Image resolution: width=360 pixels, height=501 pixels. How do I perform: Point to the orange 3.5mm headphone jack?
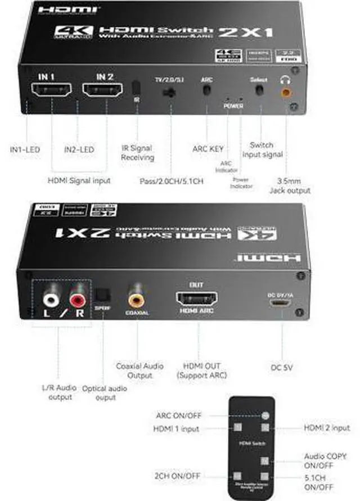[287, 89]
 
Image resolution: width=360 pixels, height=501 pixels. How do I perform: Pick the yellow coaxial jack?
[137, 292]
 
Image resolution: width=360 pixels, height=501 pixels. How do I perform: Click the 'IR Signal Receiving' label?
[137, 153]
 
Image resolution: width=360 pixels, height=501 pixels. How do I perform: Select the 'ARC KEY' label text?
[208, 149]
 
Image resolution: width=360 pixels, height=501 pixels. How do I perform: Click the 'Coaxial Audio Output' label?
[139, 371]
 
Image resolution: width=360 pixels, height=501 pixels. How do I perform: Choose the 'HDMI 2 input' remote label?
[327, 428]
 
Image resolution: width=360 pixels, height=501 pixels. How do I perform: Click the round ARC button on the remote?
[265, 416]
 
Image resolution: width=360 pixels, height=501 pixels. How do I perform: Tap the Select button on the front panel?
[259, 90]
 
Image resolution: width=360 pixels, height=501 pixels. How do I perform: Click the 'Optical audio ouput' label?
[104, 392]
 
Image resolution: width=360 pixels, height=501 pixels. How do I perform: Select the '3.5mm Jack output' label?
[291, 186]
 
